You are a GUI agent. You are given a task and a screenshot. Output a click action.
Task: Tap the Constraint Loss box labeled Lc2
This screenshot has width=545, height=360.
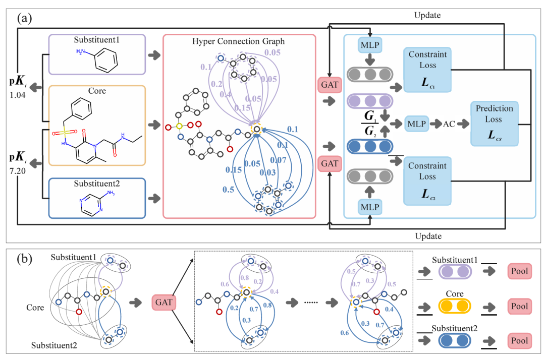click(428, 182)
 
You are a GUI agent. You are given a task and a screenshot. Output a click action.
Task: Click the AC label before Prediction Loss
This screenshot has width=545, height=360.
click(448, 123)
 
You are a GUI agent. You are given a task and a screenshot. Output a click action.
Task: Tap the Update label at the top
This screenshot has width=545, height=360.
click(427, 15)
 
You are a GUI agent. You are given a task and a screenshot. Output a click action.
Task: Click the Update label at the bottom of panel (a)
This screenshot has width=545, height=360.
click(427, 236)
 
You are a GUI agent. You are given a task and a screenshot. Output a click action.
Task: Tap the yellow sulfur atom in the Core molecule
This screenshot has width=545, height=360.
click(64, 133)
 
